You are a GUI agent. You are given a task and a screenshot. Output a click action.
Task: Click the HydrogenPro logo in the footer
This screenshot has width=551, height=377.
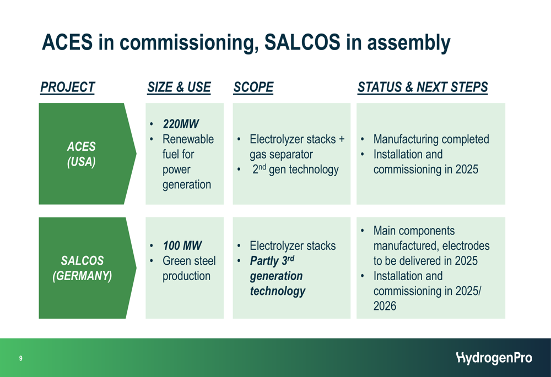coord(494,358)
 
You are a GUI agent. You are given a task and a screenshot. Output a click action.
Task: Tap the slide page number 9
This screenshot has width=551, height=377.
coord(21,358)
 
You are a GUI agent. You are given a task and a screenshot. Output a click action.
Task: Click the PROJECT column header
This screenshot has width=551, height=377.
coord(67,87)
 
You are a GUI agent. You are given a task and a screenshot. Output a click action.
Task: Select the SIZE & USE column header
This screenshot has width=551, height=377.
coord(179,87)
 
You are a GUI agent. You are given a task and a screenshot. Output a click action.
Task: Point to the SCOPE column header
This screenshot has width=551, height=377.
coord(253,87)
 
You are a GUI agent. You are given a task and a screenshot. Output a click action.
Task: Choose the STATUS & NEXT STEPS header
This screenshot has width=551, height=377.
coord(423,87)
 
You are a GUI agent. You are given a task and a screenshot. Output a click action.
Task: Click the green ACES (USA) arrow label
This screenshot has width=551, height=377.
coord(88,154)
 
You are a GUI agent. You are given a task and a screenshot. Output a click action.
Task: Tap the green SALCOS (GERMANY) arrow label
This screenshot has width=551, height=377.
coord(88,268)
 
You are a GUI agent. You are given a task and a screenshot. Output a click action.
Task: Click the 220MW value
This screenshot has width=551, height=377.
coord(181,124)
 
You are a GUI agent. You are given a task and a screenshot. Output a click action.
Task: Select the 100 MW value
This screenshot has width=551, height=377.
coord(182,245)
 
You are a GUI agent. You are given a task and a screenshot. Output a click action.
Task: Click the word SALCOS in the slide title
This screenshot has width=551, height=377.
coord(302,42)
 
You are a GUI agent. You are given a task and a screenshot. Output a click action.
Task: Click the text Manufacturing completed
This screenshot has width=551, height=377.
coord(431,139)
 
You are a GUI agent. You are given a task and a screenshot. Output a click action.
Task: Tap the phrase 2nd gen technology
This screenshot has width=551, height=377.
coord(295,169)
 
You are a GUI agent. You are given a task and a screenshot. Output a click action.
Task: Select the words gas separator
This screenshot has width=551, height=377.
coord(281,155)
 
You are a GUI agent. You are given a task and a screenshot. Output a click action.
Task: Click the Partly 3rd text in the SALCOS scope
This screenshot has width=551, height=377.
coord(272,261)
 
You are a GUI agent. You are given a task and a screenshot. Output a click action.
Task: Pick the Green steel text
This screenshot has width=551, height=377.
coord(189,261)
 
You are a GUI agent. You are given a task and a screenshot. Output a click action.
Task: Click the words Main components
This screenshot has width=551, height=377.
coord(414,231)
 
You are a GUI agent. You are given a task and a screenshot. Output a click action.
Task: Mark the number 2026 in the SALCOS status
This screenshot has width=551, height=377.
coord(385,306)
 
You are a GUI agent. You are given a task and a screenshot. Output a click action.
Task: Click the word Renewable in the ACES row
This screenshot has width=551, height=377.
coord(188,139)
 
